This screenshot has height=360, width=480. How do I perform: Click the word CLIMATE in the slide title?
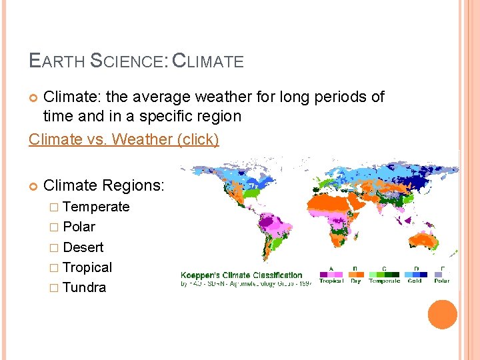[208, 61]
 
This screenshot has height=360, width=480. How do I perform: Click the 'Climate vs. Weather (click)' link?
[123, 140]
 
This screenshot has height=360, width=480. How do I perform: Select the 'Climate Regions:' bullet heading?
[103, 186]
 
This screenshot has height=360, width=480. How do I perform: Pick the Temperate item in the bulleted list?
[96, 207]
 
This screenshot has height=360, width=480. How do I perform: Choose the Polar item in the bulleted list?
[79, 227]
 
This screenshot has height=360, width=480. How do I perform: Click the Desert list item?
[83, 247]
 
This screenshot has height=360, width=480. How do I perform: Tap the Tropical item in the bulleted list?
[87, 267]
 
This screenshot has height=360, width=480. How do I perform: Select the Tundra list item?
[84, 287]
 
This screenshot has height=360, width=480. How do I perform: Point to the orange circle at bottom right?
[443, 315]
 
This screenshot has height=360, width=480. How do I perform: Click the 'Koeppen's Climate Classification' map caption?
[241, 275]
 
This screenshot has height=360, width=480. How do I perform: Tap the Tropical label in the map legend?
[331, 281]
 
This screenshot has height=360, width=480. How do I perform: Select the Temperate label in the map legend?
[385, 281]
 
